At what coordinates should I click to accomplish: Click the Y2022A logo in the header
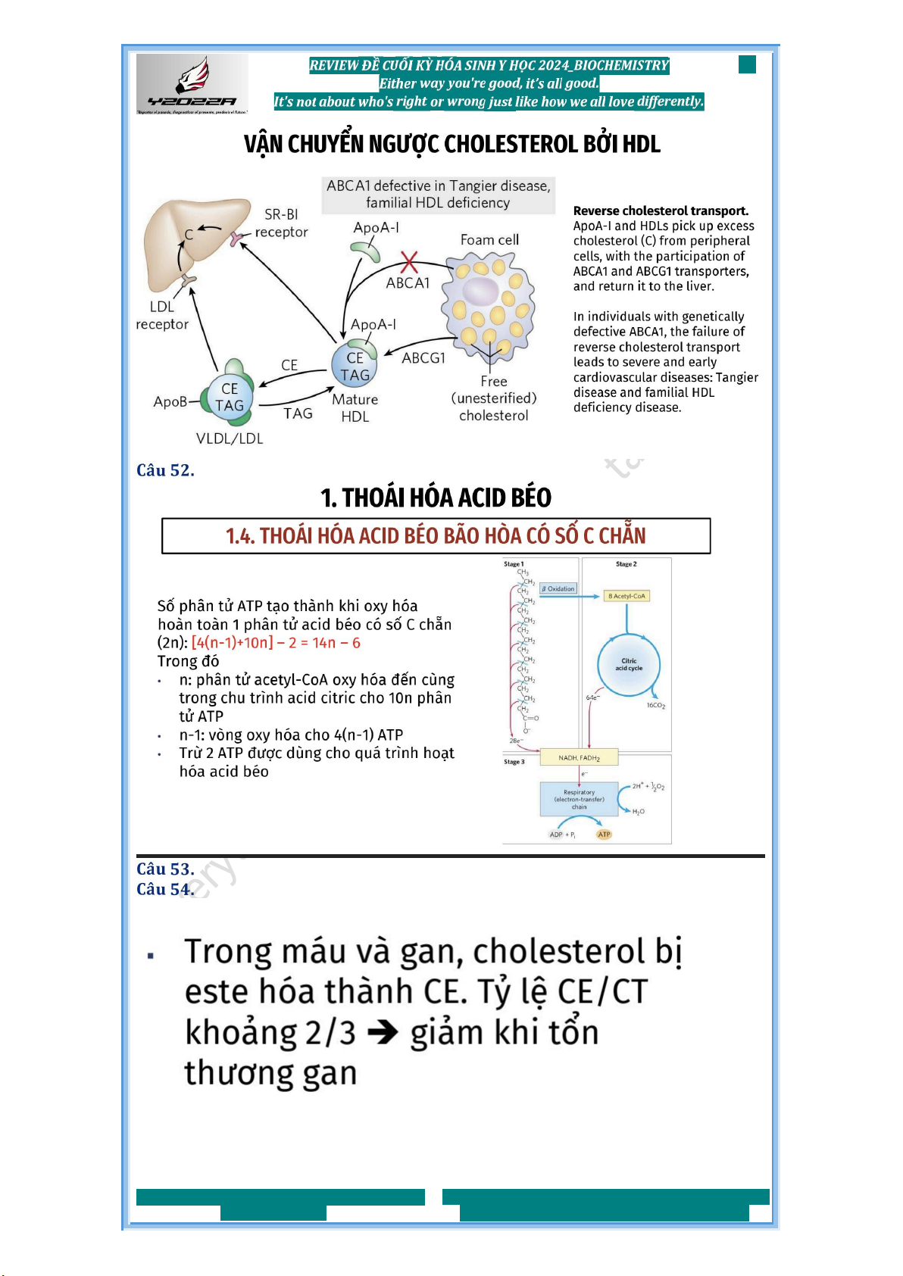192,83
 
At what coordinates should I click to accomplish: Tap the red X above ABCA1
409,262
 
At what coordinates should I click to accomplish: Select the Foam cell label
489,240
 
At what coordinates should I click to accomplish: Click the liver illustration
193,242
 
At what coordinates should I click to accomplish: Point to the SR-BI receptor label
281,223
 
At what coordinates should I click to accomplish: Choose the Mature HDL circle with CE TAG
355,366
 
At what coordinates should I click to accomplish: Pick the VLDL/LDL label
230,438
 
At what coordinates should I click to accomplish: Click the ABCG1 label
423,357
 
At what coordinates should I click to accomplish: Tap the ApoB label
170,401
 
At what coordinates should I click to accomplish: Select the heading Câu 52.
165,470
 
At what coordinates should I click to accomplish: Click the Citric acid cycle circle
629,664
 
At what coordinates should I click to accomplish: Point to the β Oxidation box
558,588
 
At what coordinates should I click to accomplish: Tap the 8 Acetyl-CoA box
626,596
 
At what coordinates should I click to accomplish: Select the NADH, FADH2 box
580,757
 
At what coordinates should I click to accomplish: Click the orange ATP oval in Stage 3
604,835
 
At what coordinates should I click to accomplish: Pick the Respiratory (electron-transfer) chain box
579,800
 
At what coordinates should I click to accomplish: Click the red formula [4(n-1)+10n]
233,643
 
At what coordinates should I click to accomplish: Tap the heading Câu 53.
165,869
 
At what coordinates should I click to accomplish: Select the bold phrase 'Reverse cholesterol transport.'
661,211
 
